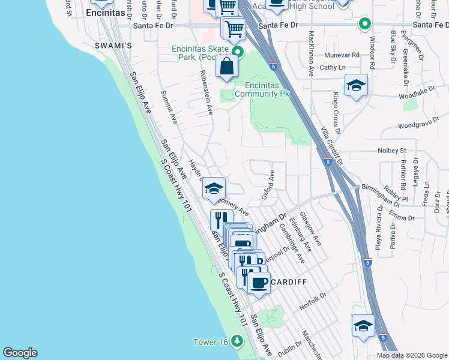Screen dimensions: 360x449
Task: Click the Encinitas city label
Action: coord(106,12)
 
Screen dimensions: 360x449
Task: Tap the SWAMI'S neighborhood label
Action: coord(113,46)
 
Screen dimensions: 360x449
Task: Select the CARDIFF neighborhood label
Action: coord(288,282)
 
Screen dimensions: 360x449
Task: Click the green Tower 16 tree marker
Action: coord(238,341)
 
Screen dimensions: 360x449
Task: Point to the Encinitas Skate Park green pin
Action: coord(238,52)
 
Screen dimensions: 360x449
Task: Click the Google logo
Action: coord(20,353)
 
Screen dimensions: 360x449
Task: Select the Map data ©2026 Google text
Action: coord(412,355)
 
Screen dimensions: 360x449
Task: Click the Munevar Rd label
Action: coord(342,54)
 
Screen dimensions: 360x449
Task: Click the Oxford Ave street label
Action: coord(268,185)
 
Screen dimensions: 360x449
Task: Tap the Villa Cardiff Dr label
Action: coord(331,146)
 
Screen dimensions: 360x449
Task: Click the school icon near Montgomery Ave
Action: coord(213,188)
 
